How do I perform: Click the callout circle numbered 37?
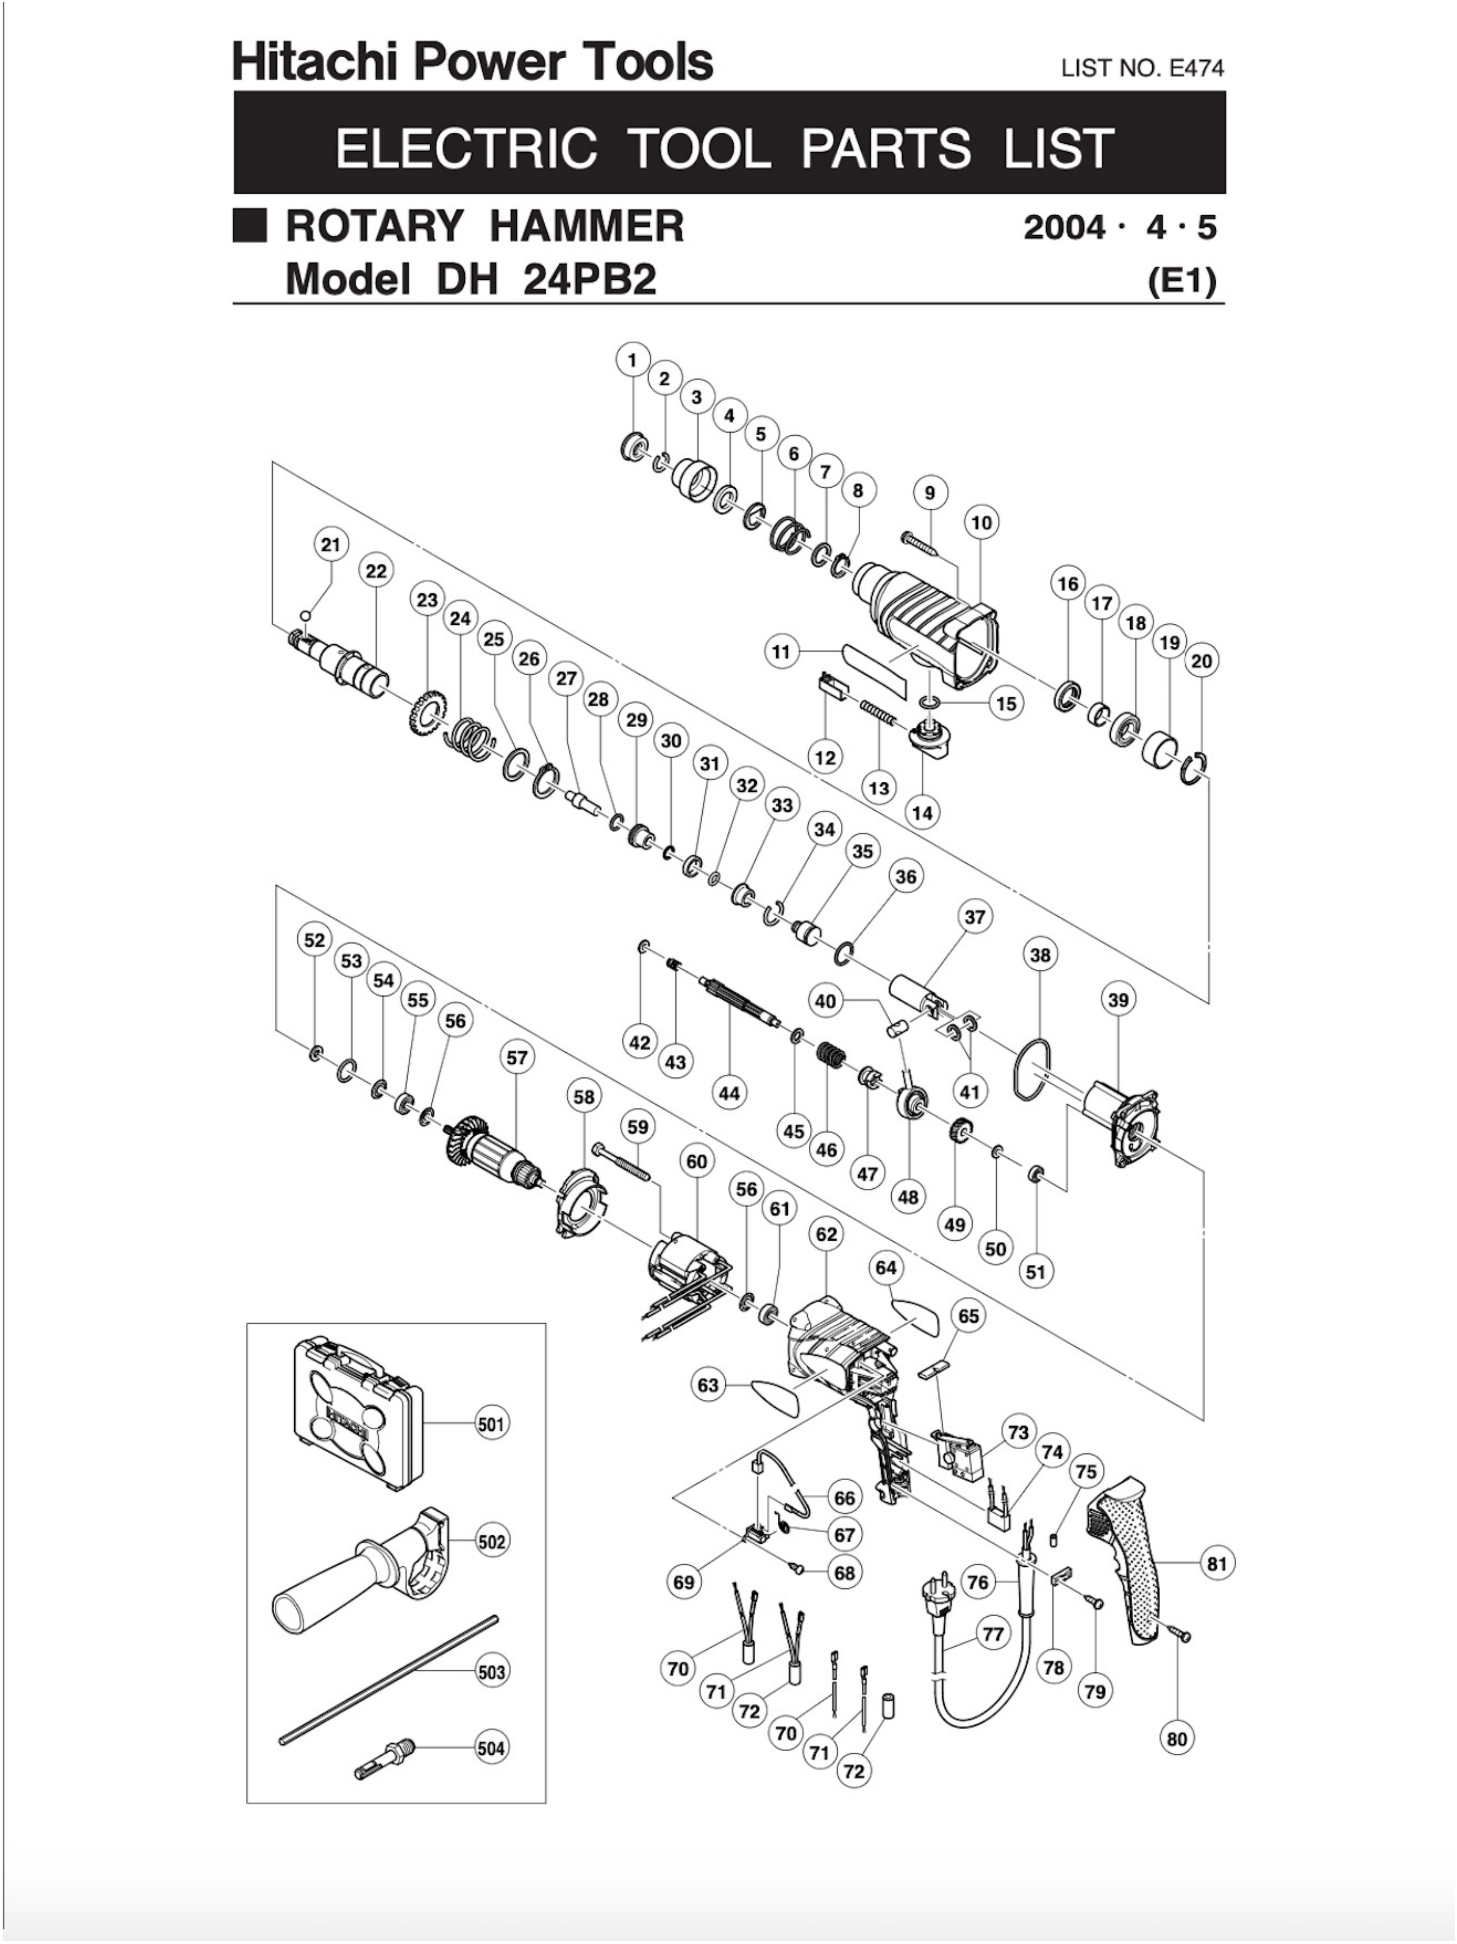[x=975, y=917]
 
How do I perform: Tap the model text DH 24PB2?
[x=545, y=279]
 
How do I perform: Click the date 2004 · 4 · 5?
[x=1120, y=228]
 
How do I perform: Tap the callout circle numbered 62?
[x=826, y=1234]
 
